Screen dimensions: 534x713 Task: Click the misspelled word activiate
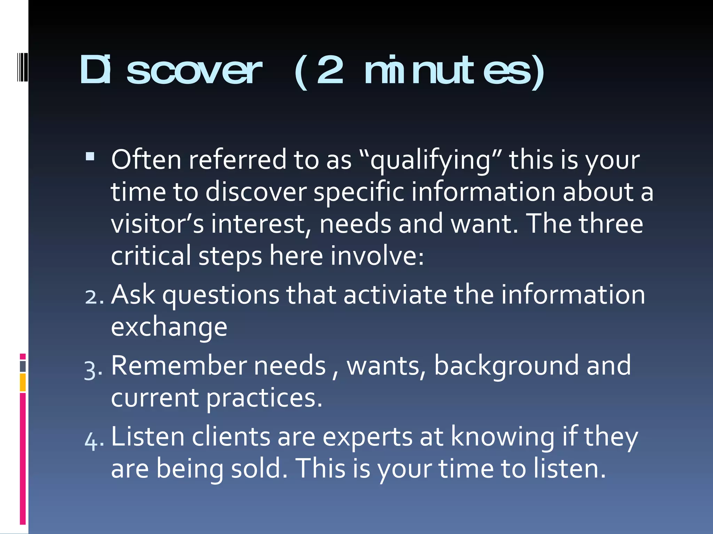point(395,295)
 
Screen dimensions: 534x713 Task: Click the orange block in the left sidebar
point(23,382)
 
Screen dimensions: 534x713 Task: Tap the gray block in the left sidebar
point(23,366)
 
